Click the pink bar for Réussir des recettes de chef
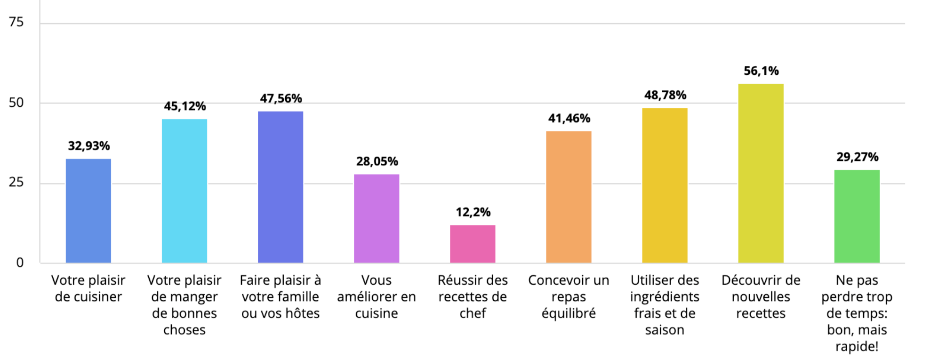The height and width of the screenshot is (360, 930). pyautogui.click(x=473, y=244)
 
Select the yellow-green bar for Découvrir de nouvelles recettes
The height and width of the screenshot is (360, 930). pyautogui.click(x=761, y=173)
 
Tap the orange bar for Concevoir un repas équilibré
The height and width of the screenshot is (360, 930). pyautogui.click(x=569, y=197)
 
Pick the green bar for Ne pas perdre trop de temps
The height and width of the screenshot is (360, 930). pyautogui.click(x=857, y=216)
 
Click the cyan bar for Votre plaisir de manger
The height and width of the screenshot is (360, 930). pyautogui.click(x=184, y=191)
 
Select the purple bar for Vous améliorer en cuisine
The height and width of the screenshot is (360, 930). pyautogui.click(x=377, y=218)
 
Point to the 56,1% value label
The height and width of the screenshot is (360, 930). pyautogui.click(x=761, y=71)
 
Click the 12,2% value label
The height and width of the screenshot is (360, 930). pyautogui.click(x=473, y=212)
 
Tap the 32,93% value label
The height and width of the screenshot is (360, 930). pyautogui.click(x=89, y=146)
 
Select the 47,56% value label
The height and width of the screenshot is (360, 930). pyautogui.click(x=281, y=98)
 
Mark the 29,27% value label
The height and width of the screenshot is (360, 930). pyautogui.click(x=857, y=157)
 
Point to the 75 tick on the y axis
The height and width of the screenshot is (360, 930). pyautogui.click(x=16, y=22)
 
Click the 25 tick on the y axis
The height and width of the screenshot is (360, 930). pyautogui.click(x=16, y=183)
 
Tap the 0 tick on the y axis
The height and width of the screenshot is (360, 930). pyautogui.click(x=20, y=263)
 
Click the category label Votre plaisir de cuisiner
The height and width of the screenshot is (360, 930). pyautogui.click(x=88, y=288)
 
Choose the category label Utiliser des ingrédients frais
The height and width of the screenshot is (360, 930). pyautogui.click(x=665, y=305)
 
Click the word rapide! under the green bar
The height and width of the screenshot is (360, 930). pyautogui.click(x=857, y=347)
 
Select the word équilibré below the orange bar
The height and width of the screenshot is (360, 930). pyautogui.click(x=569, y=313)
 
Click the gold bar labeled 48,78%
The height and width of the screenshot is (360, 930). pyautogui.click(x=665, y=185)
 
